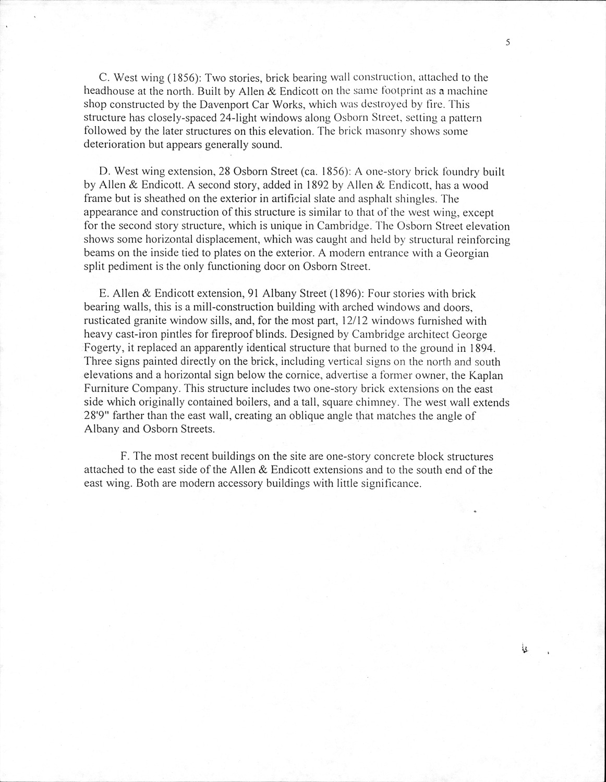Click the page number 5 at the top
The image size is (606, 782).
tap(507, 43)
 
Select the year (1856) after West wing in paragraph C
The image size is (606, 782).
tap(182, 77)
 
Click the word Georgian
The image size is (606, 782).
tap(464, 253)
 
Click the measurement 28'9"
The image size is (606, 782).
tap(98, 416)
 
